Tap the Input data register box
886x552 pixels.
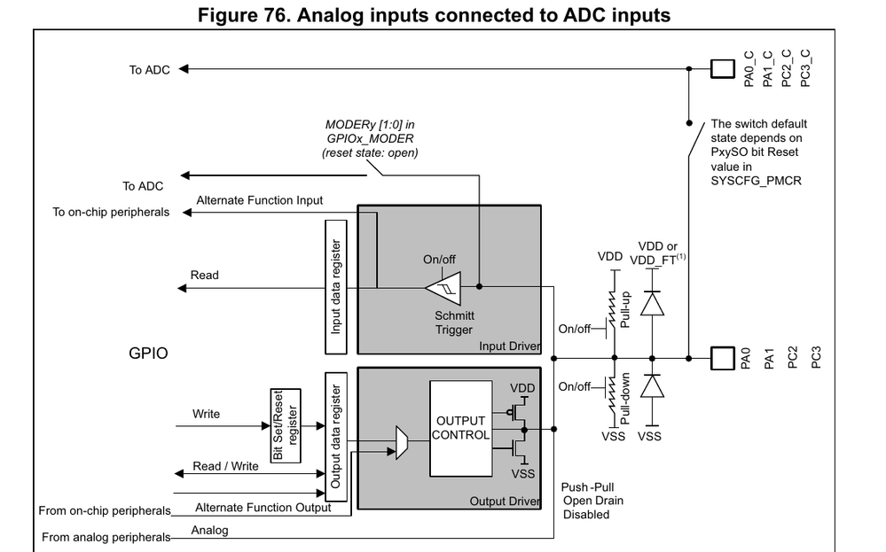click(337, 285)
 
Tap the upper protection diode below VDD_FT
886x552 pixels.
click(652, 304)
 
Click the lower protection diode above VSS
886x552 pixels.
click(652, 387)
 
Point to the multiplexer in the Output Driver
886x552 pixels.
click(402, 440)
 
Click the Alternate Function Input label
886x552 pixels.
click(259, 200)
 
